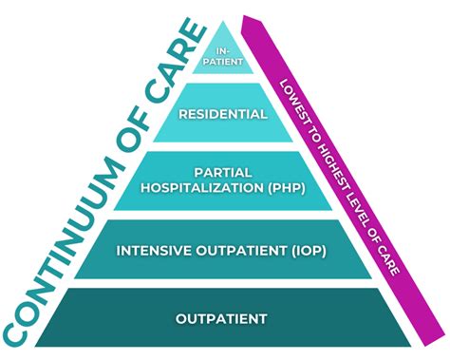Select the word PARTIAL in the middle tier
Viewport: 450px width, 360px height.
click(225, 173)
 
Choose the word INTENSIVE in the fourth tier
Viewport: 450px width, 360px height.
click(154, 252)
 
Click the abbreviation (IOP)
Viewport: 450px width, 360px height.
click(313, 252)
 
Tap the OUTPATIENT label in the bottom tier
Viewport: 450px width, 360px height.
click(225, 317)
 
